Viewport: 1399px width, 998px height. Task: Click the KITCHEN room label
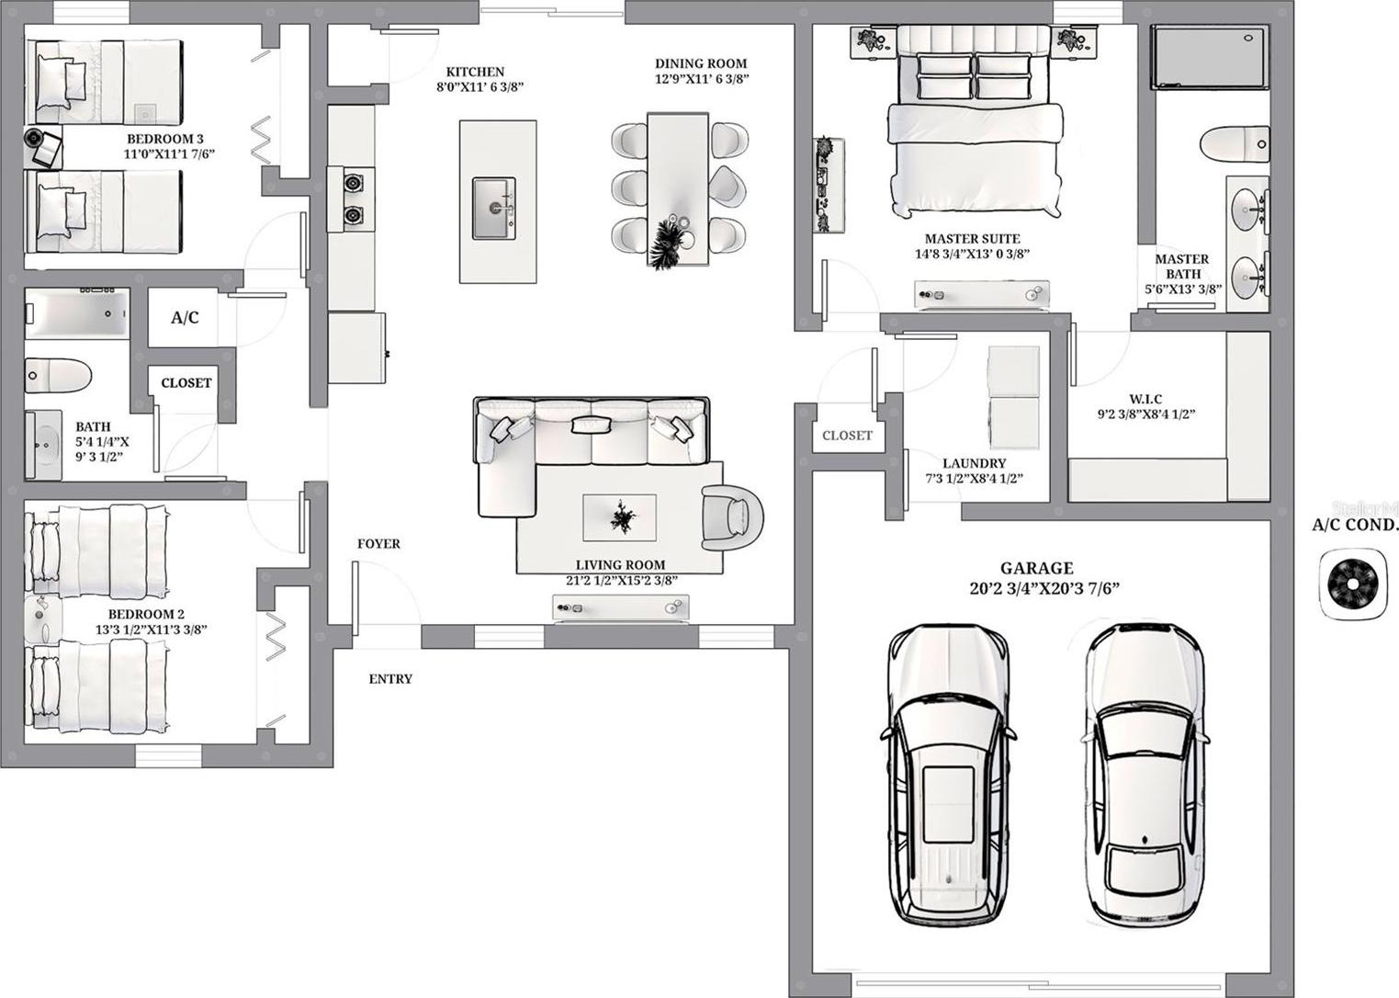(475, 72)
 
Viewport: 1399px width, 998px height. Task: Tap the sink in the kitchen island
(494, 208)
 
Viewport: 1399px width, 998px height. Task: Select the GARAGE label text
(1037, 568)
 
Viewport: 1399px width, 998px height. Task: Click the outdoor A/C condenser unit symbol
(1352, 584)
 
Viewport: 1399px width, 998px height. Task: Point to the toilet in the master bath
(1235, 144)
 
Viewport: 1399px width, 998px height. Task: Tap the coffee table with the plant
(619, 517)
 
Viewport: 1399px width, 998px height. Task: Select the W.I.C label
(1145, 399)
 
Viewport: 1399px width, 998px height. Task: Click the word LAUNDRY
(975, 463)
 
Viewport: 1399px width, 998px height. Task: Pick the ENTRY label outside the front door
(390, 679)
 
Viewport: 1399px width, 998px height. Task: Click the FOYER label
(378, 544)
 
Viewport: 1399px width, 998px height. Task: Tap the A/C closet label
(185, 317)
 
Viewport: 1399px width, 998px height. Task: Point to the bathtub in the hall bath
(77, 313)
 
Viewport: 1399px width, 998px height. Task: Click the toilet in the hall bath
(58, 376)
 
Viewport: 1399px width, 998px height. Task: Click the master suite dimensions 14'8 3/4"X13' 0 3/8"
(972, 254)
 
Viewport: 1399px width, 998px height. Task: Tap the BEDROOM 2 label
(146, 614)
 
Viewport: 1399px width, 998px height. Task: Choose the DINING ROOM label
(701, 63)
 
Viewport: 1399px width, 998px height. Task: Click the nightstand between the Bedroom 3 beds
(43, 147)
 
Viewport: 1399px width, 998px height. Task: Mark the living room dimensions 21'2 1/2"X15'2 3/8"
(622, 581)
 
